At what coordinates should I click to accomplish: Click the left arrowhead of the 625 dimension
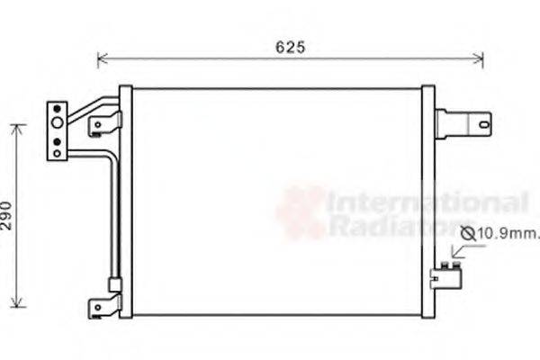point(101,60)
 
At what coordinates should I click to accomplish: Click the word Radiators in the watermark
point(400,225)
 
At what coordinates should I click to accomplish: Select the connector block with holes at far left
point(58,130)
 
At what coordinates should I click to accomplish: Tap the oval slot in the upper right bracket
point(484,122)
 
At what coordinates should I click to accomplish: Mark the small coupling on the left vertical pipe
point(114,283)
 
